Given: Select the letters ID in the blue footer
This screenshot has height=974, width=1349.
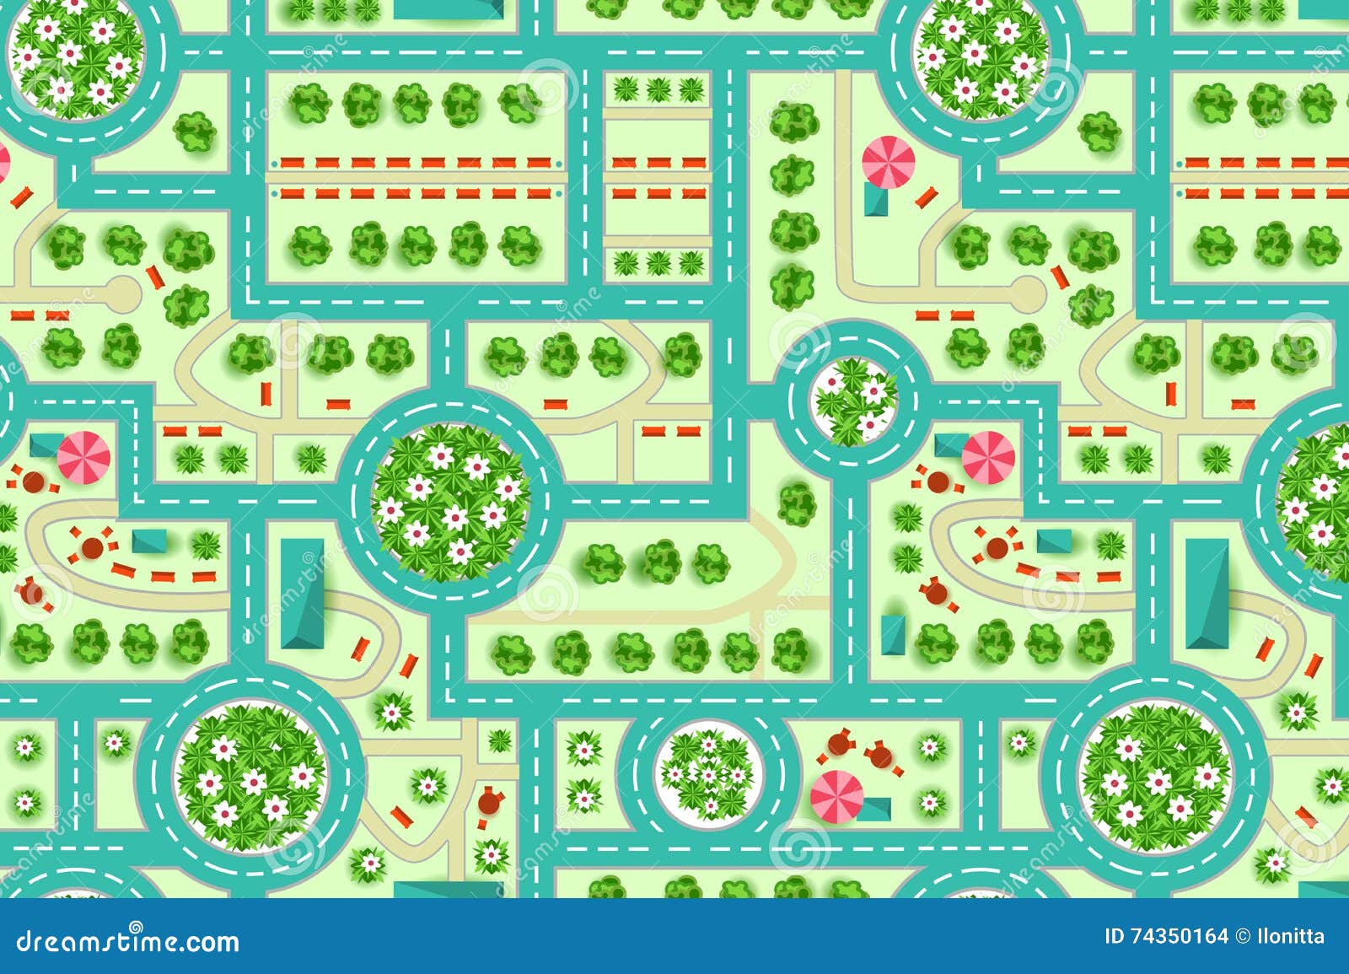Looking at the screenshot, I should click(x=1114, y=936).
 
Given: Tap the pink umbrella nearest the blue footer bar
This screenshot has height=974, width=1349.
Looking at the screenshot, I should click(x=837, y=795).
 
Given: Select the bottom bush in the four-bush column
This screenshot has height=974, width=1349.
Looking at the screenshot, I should click(x=792, y=286).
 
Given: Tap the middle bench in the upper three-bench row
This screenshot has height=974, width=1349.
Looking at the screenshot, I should click(x=658, y=163).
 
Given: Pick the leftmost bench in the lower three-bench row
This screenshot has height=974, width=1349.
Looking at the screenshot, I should click(x=623, y=194).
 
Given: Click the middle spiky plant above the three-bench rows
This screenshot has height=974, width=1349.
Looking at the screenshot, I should click(x=658, y=89).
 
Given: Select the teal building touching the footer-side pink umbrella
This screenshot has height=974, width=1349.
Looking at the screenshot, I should click(x=876, y=809).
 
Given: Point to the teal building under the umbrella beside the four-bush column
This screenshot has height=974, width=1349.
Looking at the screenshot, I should click(x=876, y=200).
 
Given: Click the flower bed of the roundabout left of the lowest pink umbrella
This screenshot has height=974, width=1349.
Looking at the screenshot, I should click(x=708, y=774).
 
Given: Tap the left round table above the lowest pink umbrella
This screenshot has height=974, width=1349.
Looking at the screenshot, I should click(x=837, y=743).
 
